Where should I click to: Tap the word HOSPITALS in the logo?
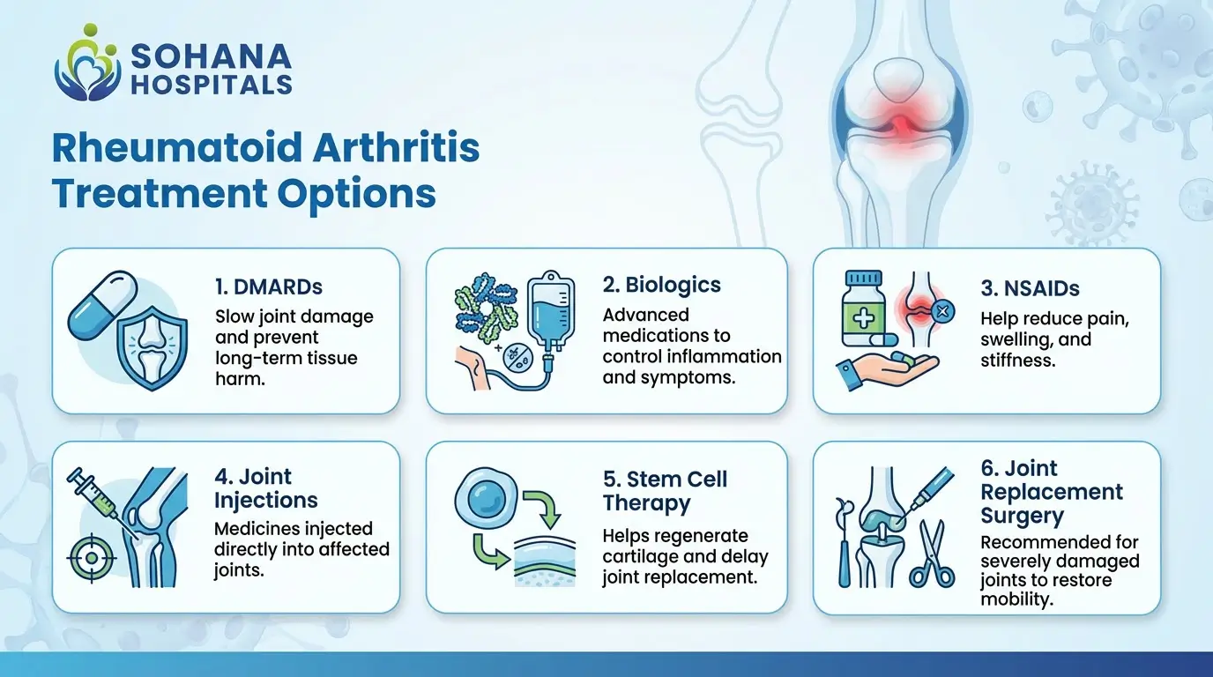tap(211, 84)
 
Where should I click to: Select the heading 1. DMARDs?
tap(268, 286)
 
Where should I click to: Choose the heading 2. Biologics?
tap(662, 285)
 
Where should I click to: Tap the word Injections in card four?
tap(266, 500)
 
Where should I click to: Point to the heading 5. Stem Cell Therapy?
tap(666, 491)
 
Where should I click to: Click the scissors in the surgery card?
tap(931, 554)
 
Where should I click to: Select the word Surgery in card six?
tap(1023, 516)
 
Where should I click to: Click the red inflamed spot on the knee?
tap(901, 127)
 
